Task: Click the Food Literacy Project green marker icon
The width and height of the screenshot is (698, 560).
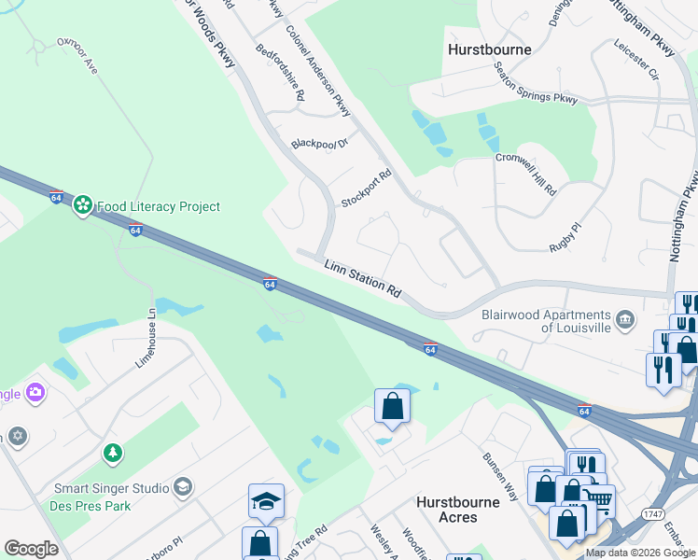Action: (x=83, y=204)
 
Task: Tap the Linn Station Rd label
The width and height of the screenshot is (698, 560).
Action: (x=363, y=280)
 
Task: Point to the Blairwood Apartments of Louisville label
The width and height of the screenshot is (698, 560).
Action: (x=546, y=321)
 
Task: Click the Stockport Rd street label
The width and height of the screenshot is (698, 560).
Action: (x=366, y=188)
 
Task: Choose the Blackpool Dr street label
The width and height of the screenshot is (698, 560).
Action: (x=319, y=144)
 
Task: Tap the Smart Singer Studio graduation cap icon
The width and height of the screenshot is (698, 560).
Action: (x=183, y=487)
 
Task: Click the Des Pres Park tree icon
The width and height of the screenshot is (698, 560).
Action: (x=113, y=453)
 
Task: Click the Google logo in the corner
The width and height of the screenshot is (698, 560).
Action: (x=31, y=549)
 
